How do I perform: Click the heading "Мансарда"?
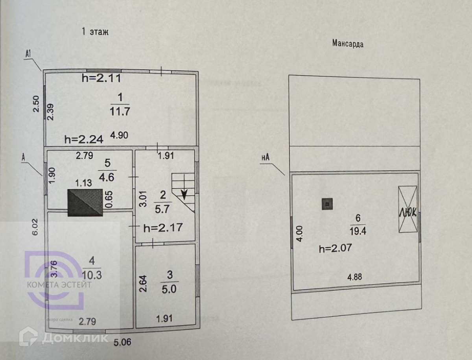click(348, 44)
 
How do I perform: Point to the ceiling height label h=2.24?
click(84, 138)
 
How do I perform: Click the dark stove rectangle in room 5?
click(85, 203)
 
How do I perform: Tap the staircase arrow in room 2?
click(184, 194)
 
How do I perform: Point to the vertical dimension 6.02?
click(36, 227)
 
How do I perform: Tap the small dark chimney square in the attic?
click(327, 204)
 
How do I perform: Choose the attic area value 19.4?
click(357, 231)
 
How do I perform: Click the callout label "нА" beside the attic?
click(265, 158)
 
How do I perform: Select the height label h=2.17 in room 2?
click(162, 227)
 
